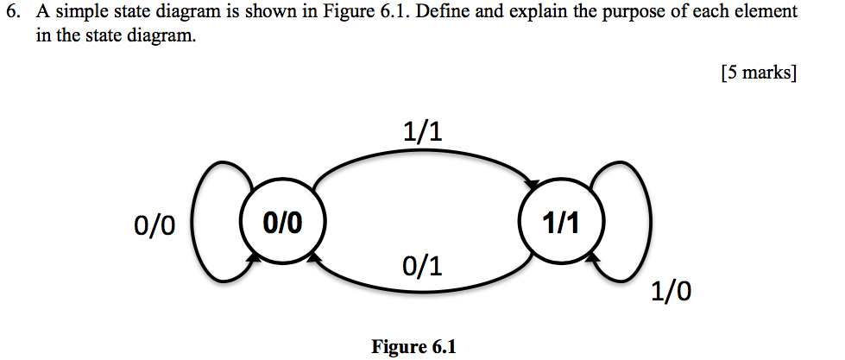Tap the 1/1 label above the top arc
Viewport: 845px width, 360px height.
pyautogui.click(x=422, y=131)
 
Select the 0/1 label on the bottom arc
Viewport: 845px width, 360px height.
pyautogui.click(x=422, y=266)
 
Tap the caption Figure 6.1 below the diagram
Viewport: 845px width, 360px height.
pyautogui.click(x=413, y=347)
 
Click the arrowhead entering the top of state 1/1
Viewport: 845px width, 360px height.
pyautogui.click(x=535, y=185)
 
